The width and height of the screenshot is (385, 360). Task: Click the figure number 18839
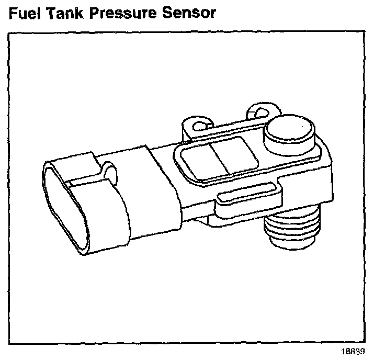coord(354,351)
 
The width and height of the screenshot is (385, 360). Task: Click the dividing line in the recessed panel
coord(218,158)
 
